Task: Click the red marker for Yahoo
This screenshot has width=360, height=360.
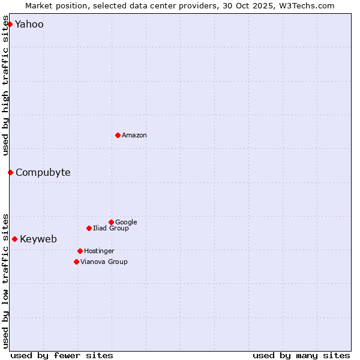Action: [10, 24]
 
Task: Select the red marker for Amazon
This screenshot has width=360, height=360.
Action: [118, 135]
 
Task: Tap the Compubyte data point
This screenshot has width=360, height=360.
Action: [10, 172]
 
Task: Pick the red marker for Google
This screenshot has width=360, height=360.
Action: [111, 222]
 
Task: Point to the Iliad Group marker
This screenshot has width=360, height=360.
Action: [89, 228]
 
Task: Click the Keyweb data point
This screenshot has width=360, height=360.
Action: [14, 239]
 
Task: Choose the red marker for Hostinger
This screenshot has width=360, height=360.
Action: [80, 251]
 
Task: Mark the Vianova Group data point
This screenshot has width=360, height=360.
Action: [76, 262]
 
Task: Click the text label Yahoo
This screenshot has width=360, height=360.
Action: [29, 25]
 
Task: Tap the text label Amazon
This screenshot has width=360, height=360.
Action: [134, 136]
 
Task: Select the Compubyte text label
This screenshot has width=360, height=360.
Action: [43, 173]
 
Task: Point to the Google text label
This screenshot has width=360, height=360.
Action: [126, 222]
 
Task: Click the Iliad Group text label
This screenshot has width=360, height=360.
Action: [111, 228]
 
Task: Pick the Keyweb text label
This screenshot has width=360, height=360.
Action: [38, 239]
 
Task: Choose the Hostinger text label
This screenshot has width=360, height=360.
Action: [99, 251]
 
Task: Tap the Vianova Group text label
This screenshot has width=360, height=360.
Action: [104, 262]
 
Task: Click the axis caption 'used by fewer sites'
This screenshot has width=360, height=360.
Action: [62, 355]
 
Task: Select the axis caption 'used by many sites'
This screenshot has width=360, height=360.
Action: [301, 355]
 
